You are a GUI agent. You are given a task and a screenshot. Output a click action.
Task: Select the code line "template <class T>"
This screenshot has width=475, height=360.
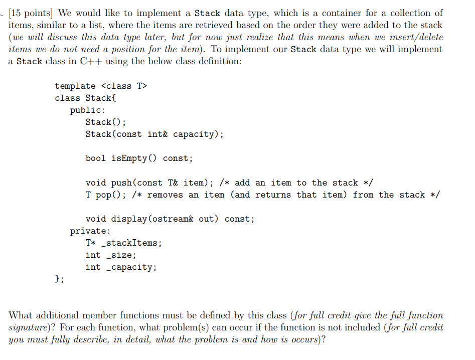101,86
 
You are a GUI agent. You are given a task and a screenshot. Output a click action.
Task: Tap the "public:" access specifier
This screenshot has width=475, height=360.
88,110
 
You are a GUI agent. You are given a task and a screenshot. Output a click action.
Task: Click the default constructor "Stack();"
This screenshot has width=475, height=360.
106,122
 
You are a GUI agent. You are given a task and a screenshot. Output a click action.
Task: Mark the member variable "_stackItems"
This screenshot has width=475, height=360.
132,243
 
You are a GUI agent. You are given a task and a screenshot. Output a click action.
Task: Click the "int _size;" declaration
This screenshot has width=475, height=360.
111,255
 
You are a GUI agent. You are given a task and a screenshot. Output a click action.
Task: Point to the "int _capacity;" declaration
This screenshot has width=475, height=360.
121,267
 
